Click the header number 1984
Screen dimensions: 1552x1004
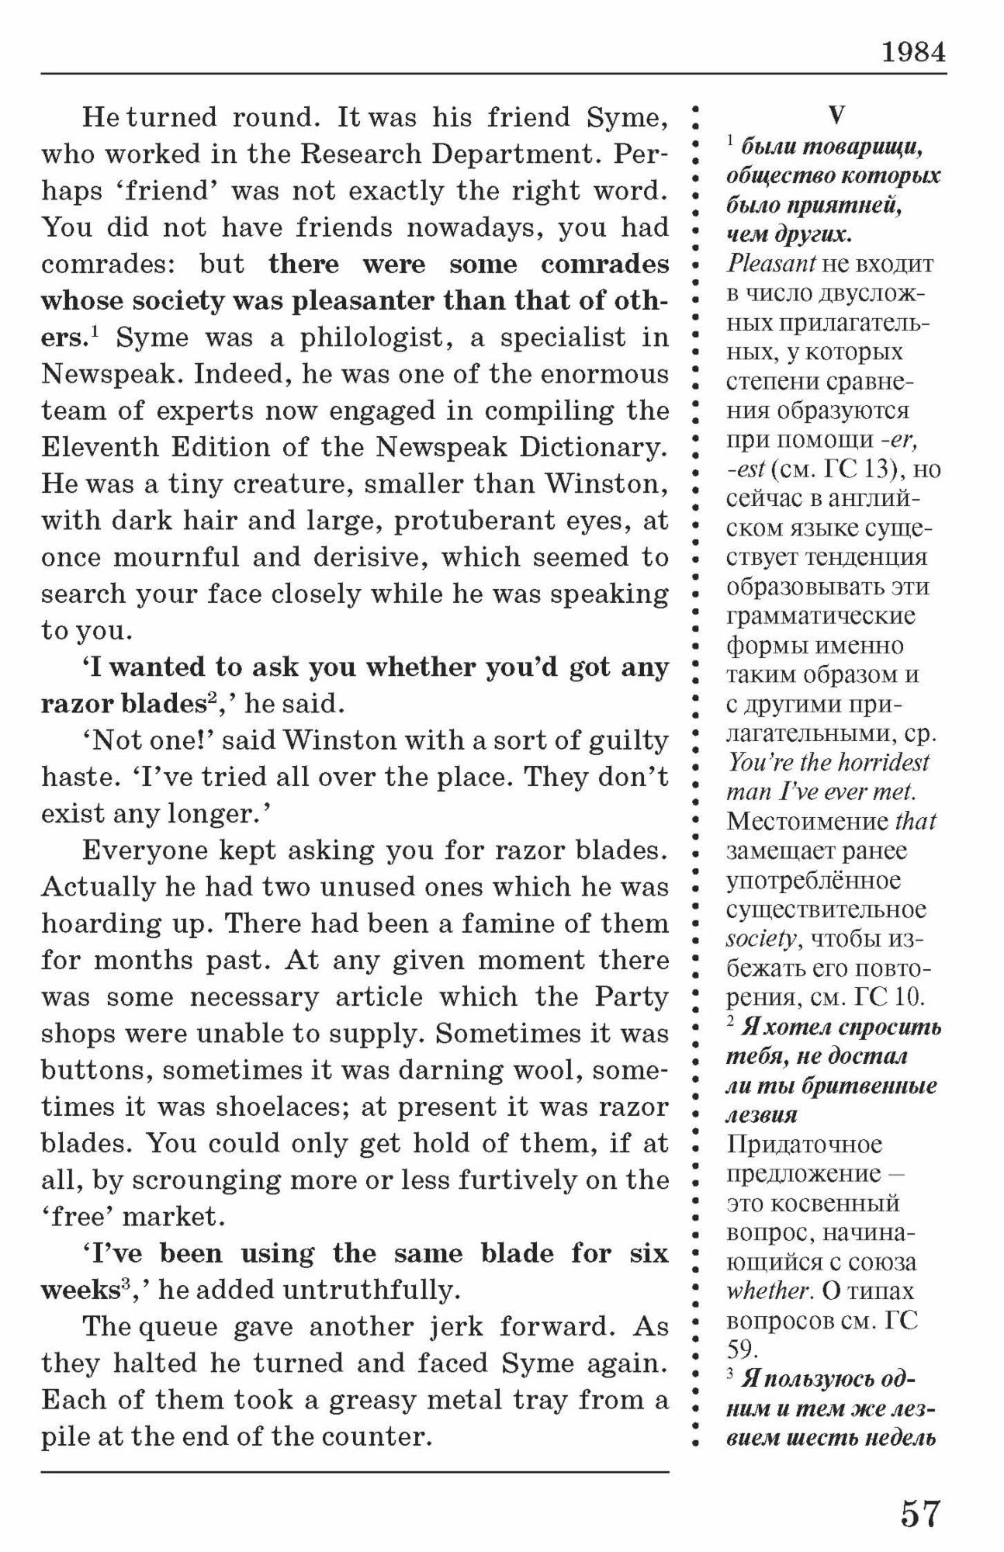[913, 53]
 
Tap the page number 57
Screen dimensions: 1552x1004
[920, 1514]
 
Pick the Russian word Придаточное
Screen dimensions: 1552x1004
[805, 1145]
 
